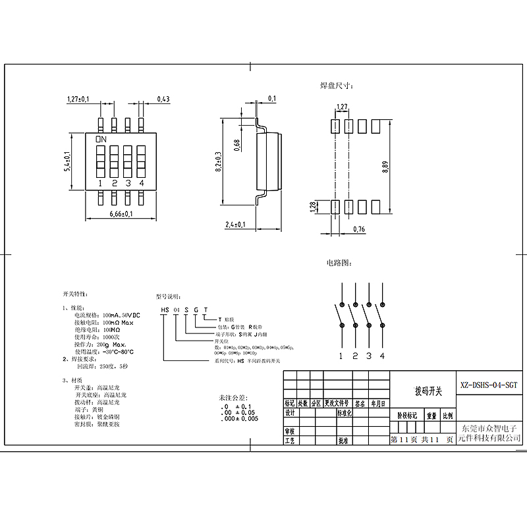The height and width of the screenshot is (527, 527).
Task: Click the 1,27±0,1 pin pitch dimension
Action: [x=78, y=99]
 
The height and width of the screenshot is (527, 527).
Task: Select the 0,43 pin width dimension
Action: [x=163, y=99]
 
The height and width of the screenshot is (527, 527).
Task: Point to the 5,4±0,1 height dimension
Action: [x=67, y=161]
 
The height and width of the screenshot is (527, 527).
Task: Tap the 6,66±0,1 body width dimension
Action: [x=121, y=214]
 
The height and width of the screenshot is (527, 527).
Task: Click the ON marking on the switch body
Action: [x=101, y=140]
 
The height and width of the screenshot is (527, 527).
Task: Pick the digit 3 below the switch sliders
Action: [x=128, y=183]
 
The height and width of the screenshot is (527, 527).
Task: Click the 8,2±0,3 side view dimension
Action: [x=218, y=161]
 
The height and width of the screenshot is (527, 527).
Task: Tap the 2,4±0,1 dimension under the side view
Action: [x=235, y=225]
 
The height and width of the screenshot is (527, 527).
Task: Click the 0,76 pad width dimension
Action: [x=359, y=229]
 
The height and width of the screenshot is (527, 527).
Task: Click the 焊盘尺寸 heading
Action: [x=337, y=86]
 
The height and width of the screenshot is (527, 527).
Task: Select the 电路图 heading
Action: [x=337, y=263]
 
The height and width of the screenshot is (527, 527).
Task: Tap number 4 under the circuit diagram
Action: [x=382, y=356]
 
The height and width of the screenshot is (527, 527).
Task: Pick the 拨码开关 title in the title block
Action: [x=428, y=391]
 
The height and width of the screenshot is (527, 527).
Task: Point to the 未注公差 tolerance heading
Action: [x=235, y=399]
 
